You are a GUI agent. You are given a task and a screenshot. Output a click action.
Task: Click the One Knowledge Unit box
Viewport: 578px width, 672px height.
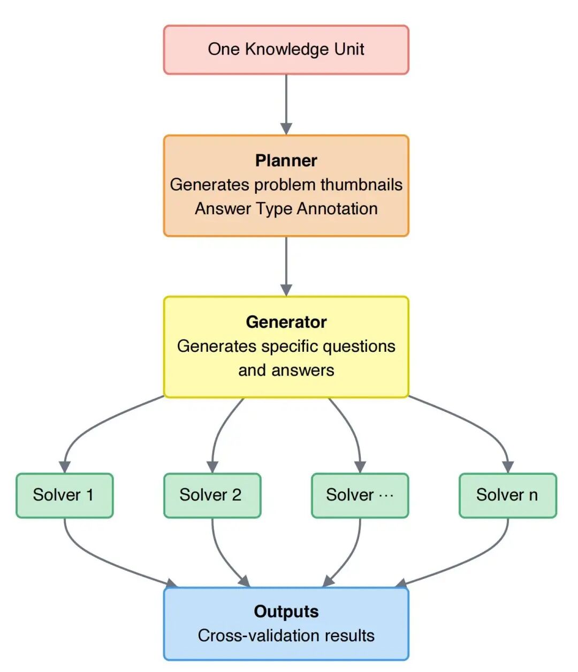click(286, 49)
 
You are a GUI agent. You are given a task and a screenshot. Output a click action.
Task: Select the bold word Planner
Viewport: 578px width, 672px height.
click(286, 160)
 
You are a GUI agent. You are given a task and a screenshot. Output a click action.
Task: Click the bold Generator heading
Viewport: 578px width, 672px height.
click(286, 322)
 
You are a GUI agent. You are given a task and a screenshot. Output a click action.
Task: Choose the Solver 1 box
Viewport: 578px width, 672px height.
click(64, 495)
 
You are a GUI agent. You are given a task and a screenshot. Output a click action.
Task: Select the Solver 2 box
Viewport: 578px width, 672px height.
click(212, 495)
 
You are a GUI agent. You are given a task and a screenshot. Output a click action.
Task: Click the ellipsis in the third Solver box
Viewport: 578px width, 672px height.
click(386, 495)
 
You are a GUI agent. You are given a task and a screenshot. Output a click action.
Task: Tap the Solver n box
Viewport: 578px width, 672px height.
click(507, 495)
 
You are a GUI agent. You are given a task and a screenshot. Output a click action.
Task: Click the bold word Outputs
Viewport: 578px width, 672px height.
click(286, 611)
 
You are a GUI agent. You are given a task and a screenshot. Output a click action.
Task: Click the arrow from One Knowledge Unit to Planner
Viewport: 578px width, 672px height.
click(286, 104)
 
